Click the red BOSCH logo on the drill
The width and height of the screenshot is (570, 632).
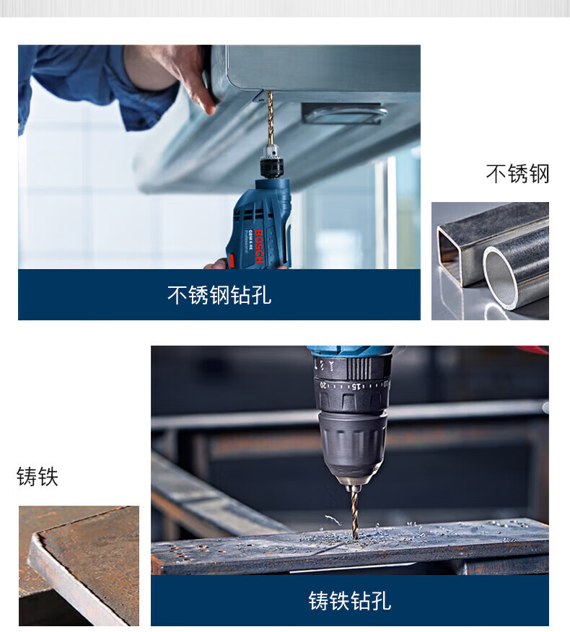(x=259, y=246)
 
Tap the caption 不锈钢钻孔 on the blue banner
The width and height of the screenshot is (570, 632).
(x=219, y=295)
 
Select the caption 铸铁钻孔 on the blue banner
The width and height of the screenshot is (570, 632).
(x=350, y=601)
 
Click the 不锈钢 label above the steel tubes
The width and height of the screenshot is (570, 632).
(x=517, y=174)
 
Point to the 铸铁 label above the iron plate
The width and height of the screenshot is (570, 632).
(x=38, y=477)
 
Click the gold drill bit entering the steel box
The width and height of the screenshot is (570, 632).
(x=271, y=118)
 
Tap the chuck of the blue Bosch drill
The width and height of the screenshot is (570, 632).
(x=271, y=162)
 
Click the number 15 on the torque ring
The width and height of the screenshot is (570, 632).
(x=355, y=387)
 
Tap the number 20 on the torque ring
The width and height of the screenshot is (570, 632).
(x=323, y=385)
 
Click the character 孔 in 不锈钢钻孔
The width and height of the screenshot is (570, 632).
(x=261, y=295)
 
